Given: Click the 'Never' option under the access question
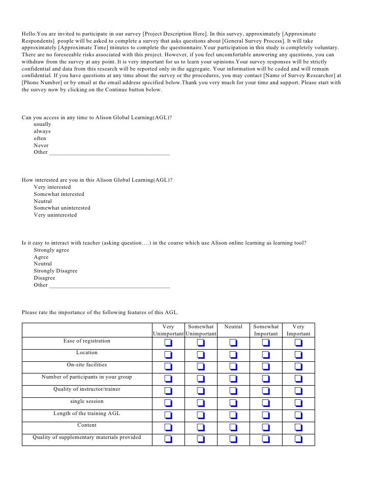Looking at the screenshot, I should [x=41, y=145].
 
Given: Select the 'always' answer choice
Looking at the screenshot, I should [x=42, y=131].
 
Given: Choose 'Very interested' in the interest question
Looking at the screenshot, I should [x=52, y=187].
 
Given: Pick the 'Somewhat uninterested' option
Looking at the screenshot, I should [x=62, y=208].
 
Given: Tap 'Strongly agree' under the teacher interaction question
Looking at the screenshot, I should [x=51, y=250].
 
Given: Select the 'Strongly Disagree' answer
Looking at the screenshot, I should [x=55, y=271].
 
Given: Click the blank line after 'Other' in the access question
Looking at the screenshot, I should [x=109, y=152].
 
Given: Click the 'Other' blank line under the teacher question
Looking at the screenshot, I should [x=109, y=285].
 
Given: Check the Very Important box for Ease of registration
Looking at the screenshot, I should [x=298, y=343].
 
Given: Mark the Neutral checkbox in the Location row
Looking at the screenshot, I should [x=233, y=355].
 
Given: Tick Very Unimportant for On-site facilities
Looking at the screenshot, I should [x=168, y=367].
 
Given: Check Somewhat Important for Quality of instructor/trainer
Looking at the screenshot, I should [x=266, y=391].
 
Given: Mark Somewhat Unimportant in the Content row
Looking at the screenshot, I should [x=201, y=427].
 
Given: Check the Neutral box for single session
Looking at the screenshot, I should [x=233, y=403].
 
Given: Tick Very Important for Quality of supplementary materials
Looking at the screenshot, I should [x=298, y=439].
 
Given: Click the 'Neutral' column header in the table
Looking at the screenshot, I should [x=233, y=327].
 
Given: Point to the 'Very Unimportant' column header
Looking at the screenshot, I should [x=168, y=330].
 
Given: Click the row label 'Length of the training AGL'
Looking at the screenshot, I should [x=87, y=414].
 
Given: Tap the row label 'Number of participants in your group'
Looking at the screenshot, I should [x=87, y=377].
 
